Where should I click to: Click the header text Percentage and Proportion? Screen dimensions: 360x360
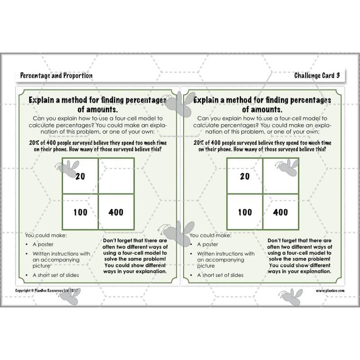(x=56, y=76)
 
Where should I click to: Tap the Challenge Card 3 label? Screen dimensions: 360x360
(x=317, y=76)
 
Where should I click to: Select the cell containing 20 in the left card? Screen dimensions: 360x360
(x=80, y=176)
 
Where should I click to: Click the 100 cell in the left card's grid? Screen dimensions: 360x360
(x=80, y=212)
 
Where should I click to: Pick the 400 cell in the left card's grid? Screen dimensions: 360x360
(x=116, y=212)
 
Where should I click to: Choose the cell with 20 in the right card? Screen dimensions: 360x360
(x=244, y=176)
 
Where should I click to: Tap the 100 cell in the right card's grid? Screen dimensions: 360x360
(x=244, y=212)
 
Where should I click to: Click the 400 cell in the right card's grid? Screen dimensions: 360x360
(x=280, y=212)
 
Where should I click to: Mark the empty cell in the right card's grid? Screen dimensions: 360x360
(x=281, y=176)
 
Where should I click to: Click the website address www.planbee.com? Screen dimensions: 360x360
(x=330, y=291)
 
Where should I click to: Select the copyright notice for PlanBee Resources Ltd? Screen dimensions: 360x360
(x=47, y=291)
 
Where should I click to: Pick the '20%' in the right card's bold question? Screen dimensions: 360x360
(x=201, y=142)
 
